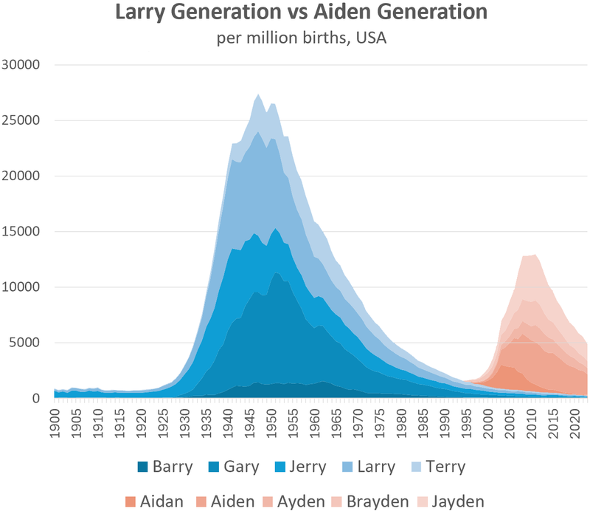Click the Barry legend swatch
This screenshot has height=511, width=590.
(145, 467)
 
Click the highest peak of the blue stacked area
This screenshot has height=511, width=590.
(257, 95)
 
